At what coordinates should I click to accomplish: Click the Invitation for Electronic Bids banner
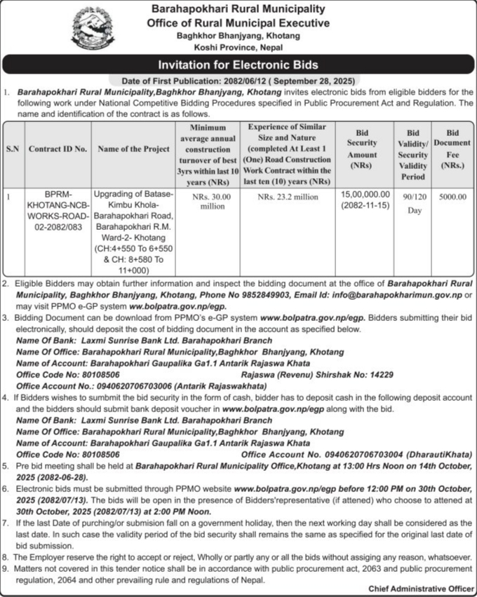[238, 65]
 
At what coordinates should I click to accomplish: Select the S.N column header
[13, 149]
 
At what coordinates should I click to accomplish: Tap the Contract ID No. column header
[58, 149]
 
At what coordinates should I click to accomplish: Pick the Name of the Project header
[133, 149]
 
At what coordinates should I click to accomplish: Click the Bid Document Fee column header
[452, 149]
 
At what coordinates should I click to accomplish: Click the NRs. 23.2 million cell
[288, 197]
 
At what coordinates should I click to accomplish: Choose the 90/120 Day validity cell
[413, 203]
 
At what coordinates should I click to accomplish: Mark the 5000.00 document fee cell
[452, 197]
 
